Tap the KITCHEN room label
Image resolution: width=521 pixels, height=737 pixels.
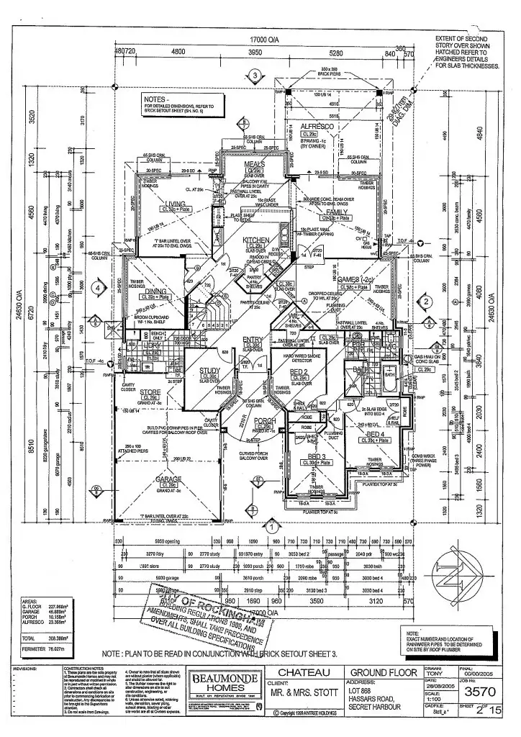click(255, 240)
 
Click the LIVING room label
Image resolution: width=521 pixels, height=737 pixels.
click(175, 204)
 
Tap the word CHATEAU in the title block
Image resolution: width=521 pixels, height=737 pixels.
click(304, 672)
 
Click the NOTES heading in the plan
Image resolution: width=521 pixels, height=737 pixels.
click(157, 99)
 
